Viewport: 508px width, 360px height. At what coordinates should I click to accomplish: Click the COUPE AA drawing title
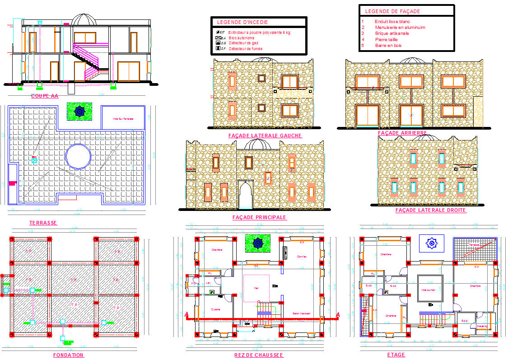click(x=44, y=96)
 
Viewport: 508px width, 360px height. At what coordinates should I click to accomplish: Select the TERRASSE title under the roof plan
click(x=43, y=223)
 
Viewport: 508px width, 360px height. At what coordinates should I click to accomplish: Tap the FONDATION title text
click(x=68, y=355)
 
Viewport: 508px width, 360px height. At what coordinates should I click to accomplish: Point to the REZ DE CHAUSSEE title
click(x=259, y=355)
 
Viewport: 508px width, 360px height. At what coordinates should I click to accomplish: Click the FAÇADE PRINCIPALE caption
click(x=259, y=217)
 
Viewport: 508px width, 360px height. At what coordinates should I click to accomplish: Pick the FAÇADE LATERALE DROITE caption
click(x=430, y=210)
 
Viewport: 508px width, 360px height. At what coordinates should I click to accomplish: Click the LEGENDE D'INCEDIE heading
click(x=242, y=22)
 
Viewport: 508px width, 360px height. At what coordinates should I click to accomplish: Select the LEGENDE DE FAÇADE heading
click(x=392, y=11)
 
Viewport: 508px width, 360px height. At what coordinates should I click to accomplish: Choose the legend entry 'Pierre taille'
click(x=386, y=39)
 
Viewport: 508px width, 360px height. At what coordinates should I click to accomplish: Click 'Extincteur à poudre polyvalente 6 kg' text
click(x=259, y=33)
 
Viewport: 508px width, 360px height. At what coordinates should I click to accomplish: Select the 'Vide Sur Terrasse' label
click(x=123, y=119)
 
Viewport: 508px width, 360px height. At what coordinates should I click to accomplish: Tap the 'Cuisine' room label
click(x=215, y=309)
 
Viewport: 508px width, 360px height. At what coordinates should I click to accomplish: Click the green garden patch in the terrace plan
click(x=79, y=111)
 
